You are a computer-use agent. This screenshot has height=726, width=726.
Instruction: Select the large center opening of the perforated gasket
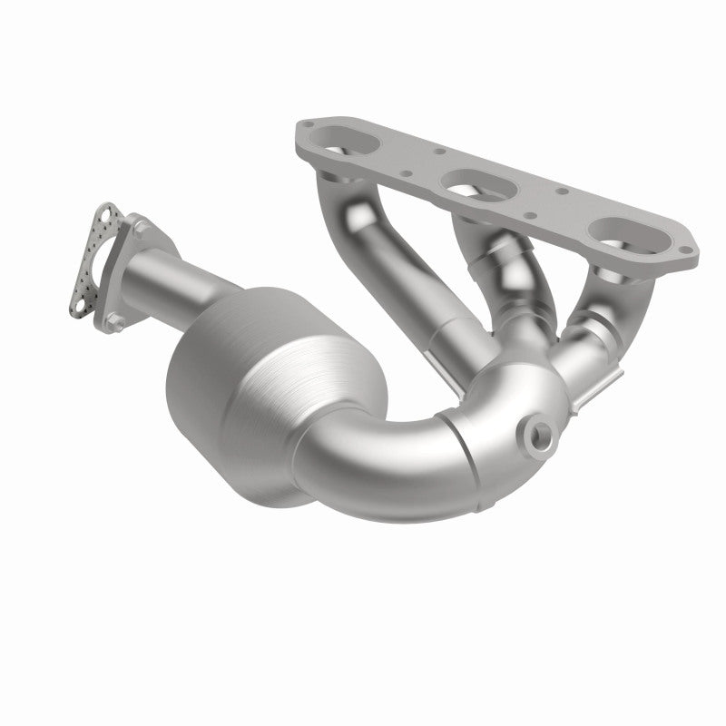(x=98, y=260)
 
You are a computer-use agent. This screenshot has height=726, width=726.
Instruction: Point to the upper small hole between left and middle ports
(x=435, y=152)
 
